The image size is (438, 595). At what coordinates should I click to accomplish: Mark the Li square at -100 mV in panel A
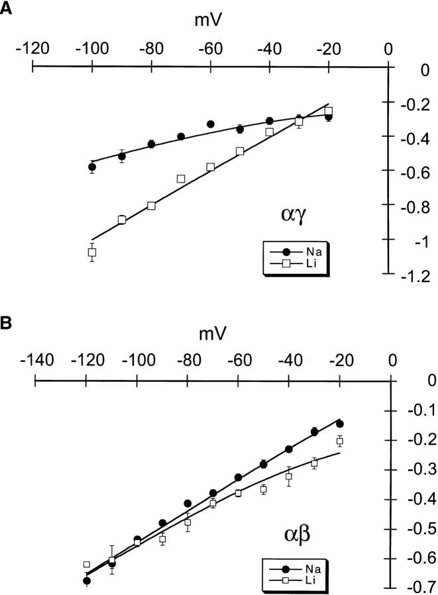coord(92,252)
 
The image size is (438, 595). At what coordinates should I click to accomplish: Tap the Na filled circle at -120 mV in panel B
coord(86,580)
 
